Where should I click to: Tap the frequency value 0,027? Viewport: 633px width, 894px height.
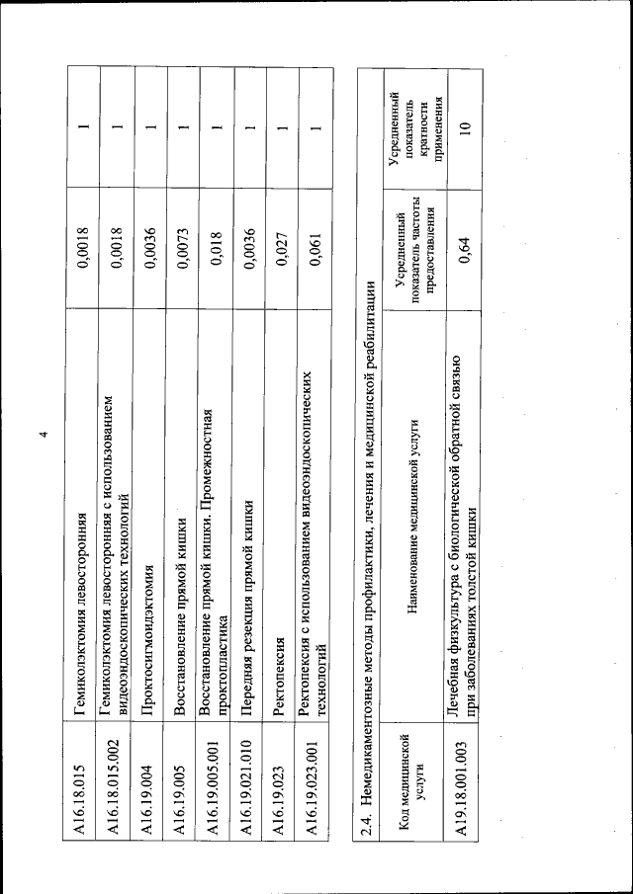[x=284, y=246]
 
